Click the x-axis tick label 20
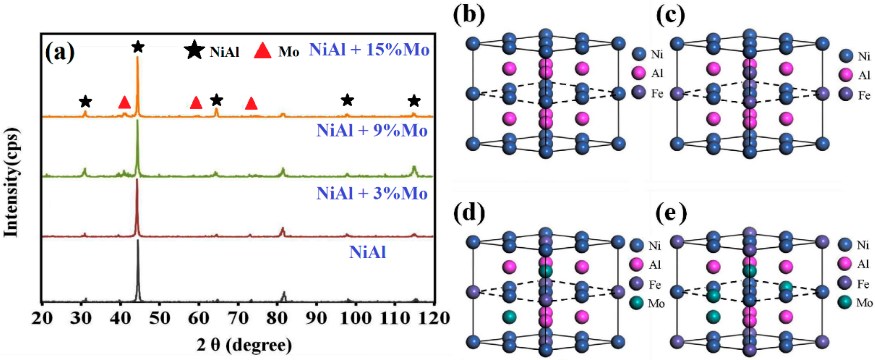point(42,318)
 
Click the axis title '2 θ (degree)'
point(244,345)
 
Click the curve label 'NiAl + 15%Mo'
point(369,50)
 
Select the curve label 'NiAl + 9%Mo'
point(372,130)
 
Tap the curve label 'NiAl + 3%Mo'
point(372,193)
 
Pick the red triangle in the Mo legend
point(263,51)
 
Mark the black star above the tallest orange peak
point(138,47)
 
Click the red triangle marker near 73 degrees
point(251,104)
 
